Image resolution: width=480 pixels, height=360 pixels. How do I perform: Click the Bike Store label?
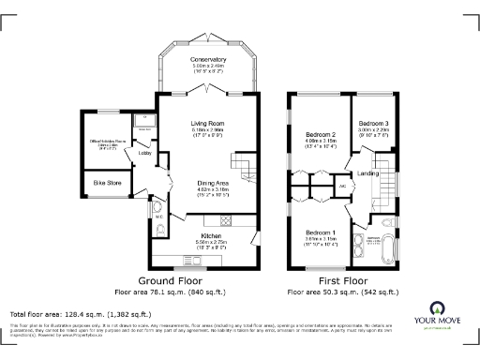click(107, 183)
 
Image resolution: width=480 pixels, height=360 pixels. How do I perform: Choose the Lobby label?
click(145, 152)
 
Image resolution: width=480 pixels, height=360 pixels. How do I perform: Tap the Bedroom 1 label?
click(321, 232)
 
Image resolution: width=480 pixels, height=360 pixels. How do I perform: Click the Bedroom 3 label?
click(373, 123)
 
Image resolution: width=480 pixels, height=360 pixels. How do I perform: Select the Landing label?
click(368, 173)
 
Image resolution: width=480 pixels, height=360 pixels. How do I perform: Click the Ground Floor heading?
click(172, 280)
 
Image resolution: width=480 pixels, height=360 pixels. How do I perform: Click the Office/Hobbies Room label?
click(107, 142)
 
